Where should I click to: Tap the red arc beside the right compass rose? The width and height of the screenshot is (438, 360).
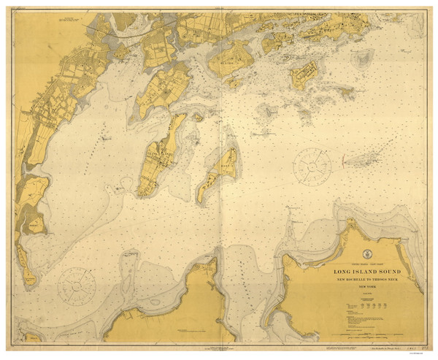[342, 158]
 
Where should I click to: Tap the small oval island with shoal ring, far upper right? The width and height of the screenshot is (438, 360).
[363, 56]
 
